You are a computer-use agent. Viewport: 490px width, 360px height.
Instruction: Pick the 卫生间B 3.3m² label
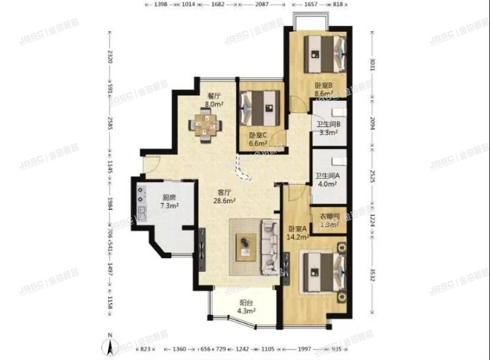pos(328,128)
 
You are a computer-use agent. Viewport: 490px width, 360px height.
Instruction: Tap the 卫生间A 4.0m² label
pos(328,180)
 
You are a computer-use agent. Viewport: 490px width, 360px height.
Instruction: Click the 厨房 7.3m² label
pos(171,201)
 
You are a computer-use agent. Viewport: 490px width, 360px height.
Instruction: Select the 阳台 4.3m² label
pos(246,307)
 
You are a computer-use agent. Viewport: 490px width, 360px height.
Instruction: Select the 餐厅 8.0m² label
pos(213,100)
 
